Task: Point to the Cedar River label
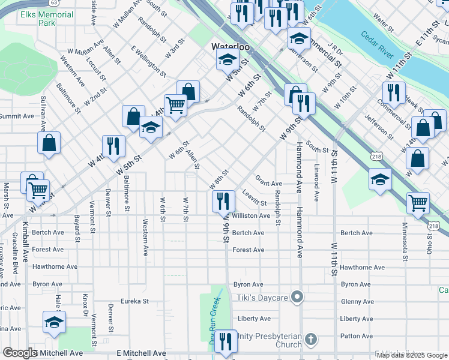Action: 378,46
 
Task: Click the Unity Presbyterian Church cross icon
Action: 310,340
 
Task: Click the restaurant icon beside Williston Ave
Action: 223,200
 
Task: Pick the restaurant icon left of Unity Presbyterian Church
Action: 226,341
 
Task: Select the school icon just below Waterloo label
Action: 228,59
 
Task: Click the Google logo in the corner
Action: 20,353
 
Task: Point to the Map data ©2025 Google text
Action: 412,355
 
